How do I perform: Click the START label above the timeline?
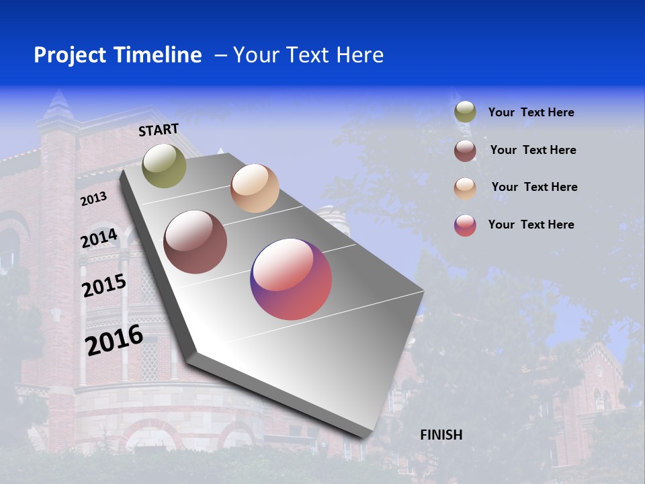[159, 130]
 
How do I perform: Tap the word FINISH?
[441, 435]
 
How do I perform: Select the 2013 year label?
[93, 199]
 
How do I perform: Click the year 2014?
[99, 239]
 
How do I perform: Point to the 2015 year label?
[104, 286]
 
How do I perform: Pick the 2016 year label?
[114, 339]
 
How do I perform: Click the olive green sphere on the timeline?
[164, 165]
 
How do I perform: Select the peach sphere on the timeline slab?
[255, 188]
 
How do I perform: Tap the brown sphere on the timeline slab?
[195, 242]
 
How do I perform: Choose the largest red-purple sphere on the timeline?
[291, 279]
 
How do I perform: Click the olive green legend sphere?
[465, 112]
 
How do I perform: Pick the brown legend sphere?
[465, 150]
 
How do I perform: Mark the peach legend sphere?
[465, 188]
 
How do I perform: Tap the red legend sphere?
[465, 225]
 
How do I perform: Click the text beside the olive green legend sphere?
[531, 112]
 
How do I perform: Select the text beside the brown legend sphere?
[533, 150]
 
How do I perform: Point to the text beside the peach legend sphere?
[534, 187]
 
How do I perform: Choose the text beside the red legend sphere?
[531, 225]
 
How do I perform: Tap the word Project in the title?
[70, 55]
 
